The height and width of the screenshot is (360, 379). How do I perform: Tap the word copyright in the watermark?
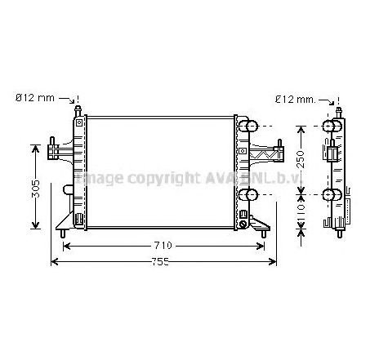[150, 177]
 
